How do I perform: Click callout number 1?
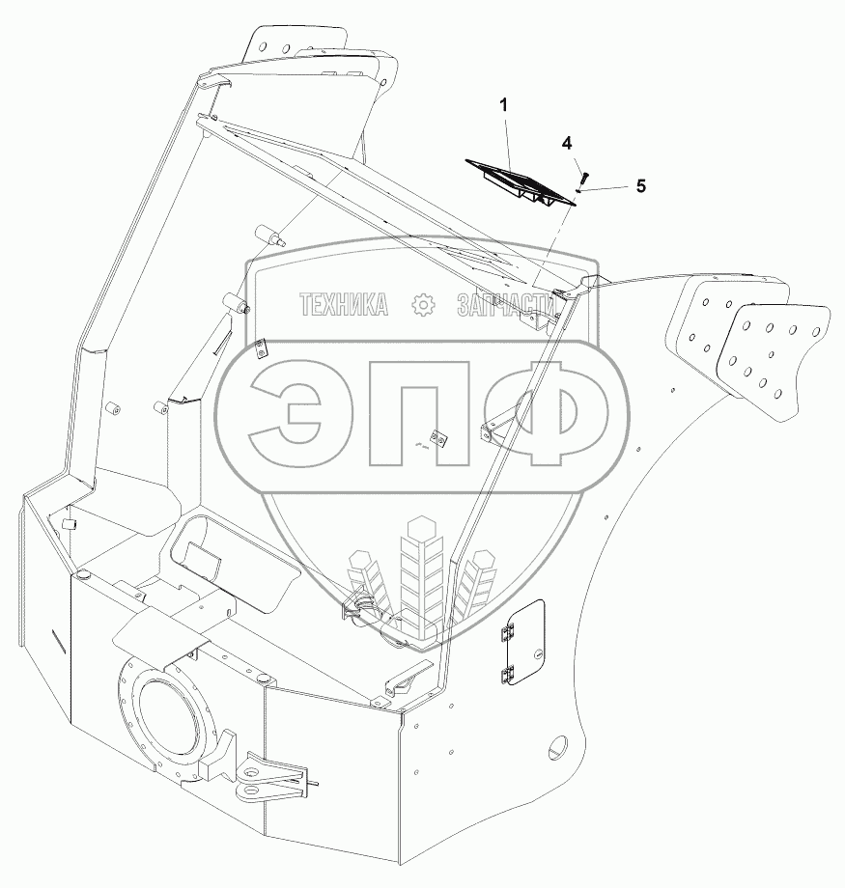[x=503, y=105]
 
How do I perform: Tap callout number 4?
[x=567, y=144]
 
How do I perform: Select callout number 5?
[x=641, y=185]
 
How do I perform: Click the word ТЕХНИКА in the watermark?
[x=344, y=305]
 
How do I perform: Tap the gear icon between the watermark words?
[x=423, y=305]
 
